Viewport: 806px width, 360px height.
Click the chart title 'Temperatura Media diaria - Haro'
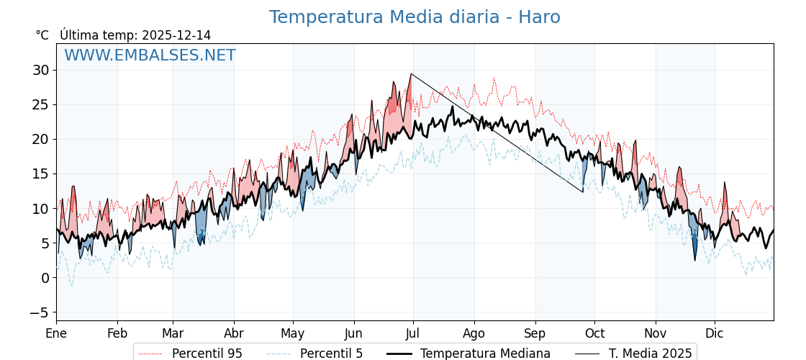(415, 17)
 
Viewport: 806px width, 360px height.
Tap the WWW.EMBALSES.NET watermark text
(150, 55)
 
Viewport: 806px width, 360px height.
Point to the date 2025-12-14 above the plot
(176, 35)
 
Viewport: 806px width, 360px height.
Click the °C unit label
(42, 35)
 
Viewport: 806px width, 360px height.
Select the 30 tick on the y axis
(40, 70)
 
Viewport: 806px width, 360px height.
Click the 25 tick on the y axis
(40, 104)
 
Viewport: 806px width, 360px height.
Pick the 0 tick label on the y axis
(45, 278)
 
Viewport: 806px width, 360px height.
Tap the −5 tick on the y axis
(39, 312)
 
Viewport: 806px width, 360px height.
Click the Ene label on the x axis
(56, 333)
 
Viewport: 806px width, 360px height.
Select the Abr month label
(234, 333)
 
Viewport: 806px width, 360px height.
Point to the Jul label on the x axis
(413, 333)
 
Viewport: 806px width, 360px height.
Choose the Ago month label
(474, 333)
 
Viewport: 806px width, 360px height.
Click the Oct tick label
(594, 333)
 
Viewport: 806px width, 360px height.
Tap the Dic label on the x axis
(715, 333)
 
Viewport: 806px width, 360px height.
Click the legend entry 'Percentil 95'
(207, 354)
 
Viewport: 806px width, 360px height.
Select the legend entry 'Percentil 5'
(331, 354)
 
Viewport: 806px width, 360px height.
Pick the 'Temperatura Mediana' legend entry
(485, 354)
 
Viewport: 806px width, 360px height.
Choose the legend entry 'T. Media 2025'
(650, 354)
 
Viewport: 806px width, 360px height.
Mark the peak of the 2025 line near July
(411, 74)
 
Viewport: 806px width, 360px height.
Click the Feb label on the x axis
(117, 333)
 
